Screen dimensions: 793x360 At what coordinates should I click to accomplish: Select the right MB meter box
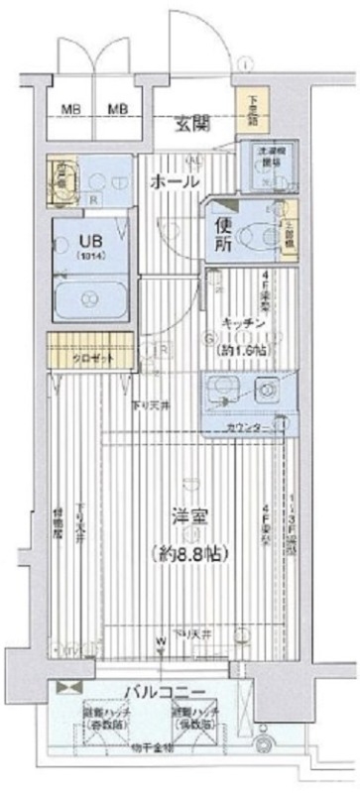pos(118,109)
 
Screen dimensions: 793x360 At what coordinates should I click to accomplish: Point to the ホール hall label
pos(175,182)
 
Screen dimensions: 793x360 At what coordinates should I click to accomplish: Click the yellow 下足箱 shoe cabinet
pos(246,107)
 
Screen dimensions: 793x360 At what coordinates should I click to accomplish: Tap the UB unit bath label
pos(77,241)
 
